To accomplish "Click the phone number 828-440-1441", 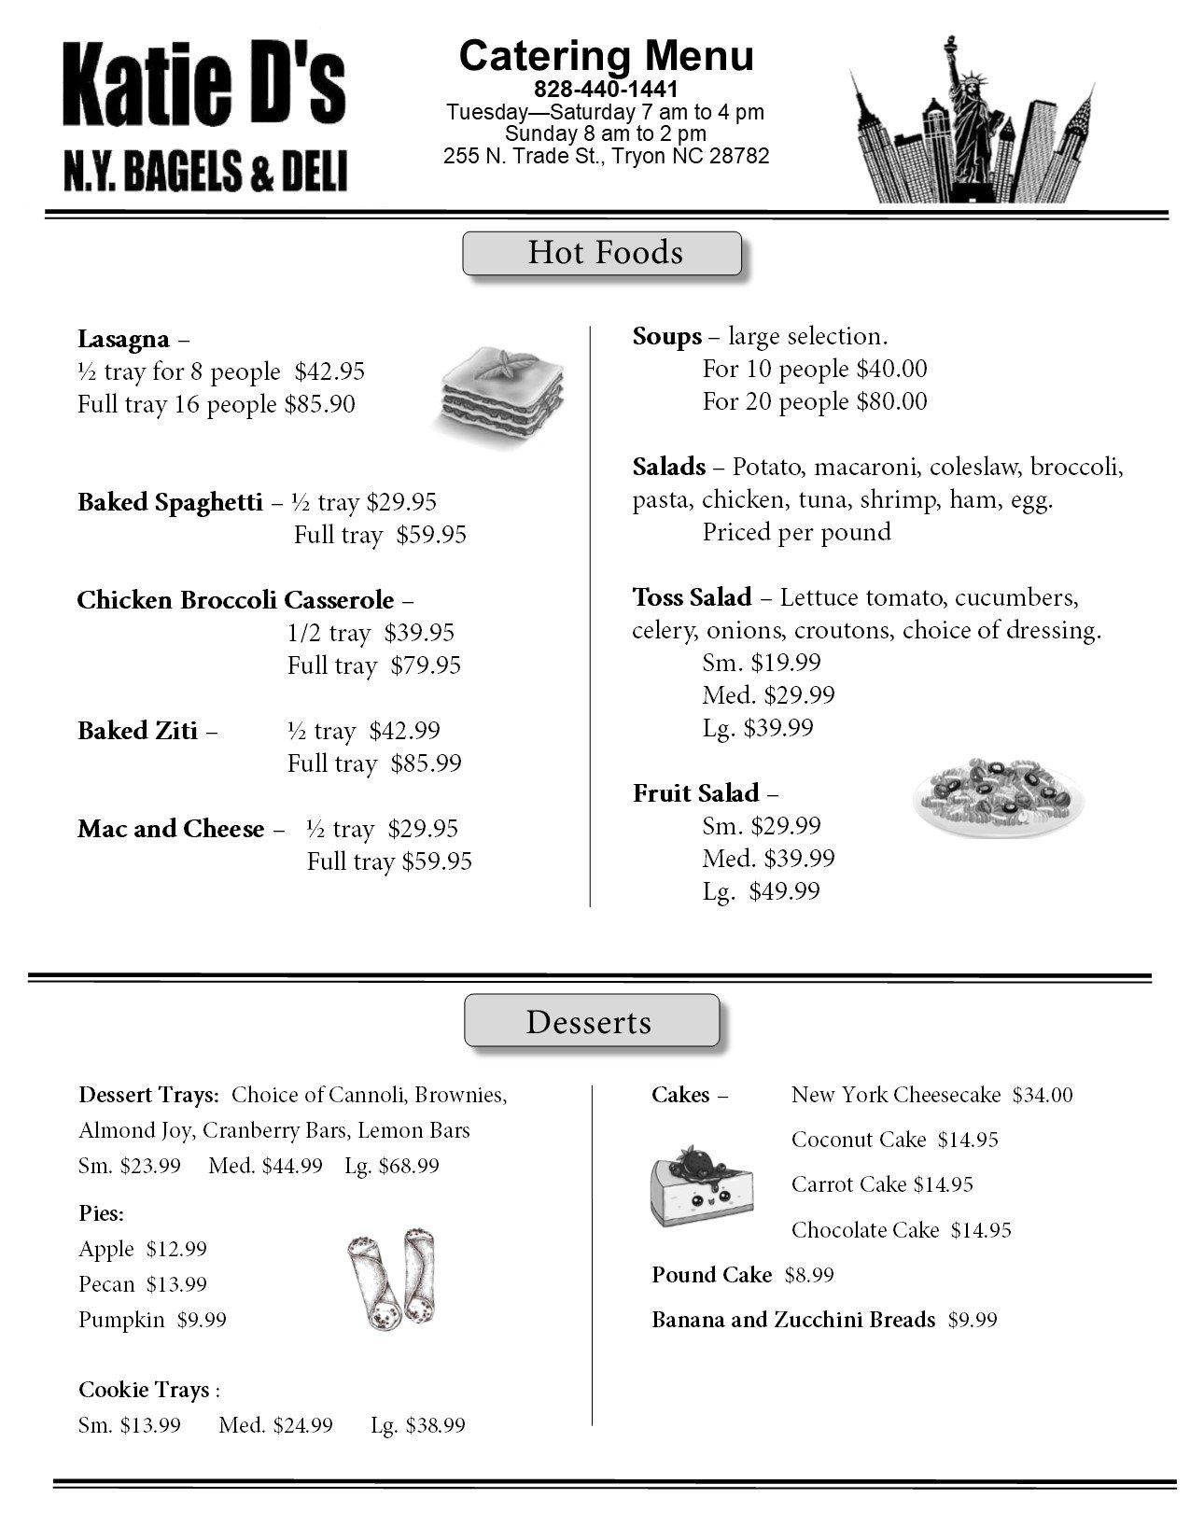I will [606, 90].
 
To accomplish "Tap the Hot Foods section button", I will [603, 254].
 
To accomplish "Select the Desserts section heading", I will [591, 1022].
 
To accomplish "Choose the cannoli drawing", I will [392, 1278].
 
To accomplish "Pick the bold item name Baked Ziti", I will [138, 731].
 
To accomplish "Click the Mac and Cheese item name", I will [171, 829].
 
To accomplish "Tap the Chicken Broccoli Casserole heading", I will [236, 600].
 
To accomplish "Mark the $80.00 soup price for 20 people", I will [890, 401].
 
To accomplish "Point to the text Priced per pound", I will [796, 532].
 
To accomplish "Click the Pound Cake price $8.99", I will [809, 1275].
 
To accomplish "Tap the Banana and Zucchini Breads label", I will [793, 1320].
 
